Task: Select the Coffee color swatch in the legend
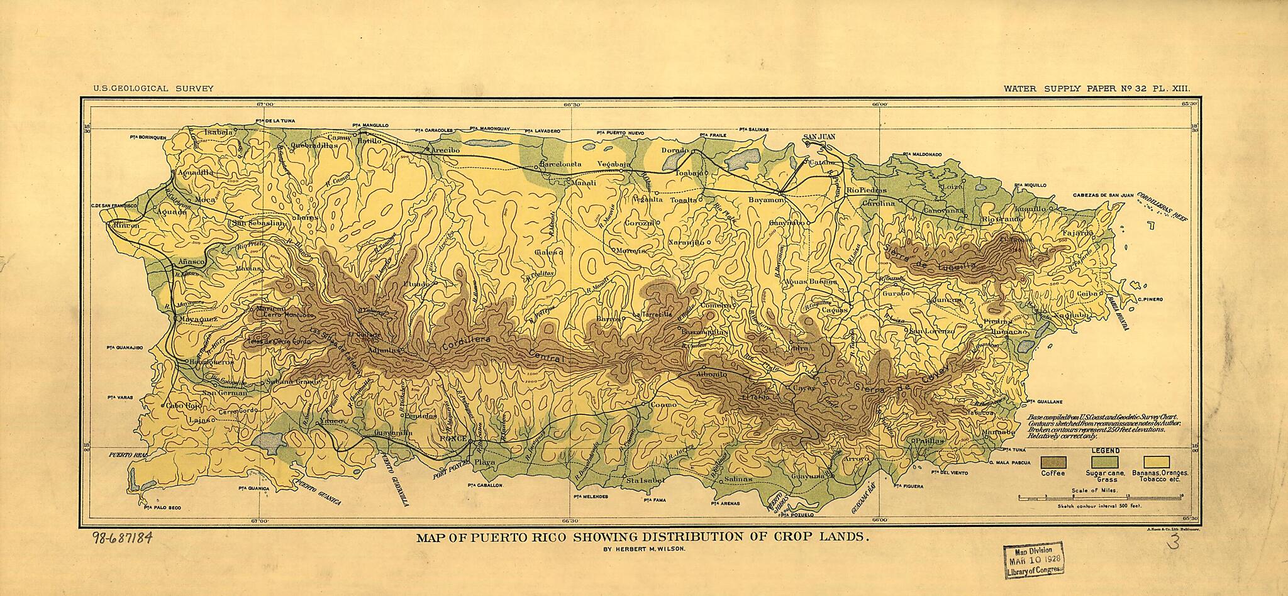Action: (x=1053, y=463)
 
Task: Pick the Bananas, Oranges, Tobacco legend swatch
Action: (x=1155, y=463)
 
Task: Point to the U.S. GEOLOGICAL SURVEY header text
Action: (x=153, y=89)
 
